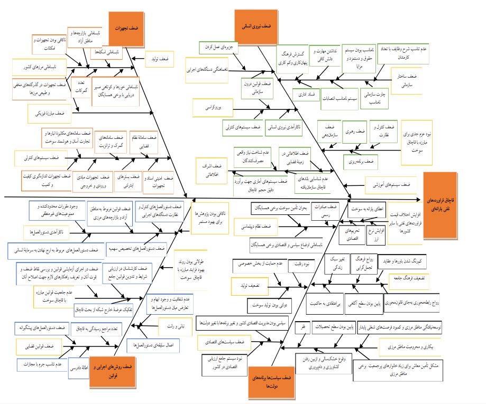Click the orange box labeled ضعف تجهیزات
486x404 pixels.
(x=126, y=27)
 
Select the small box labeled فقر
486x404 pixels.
(x=304, y=327)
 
